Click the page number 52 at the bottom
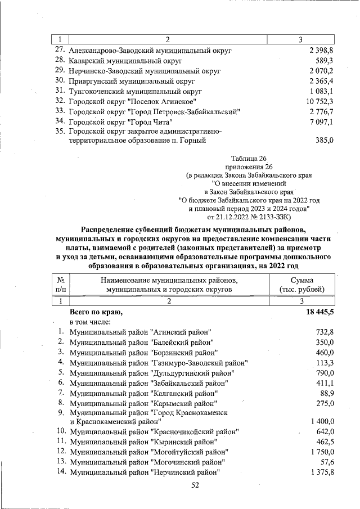point(195,485)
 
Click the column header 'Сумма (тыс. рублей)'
point(302,285)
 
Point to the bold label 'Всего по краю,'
point(96,312)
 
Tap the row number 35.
point(60,131)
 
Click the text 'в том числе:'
point(90,322)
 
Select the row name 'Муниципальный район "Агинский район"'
point(140,332)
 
